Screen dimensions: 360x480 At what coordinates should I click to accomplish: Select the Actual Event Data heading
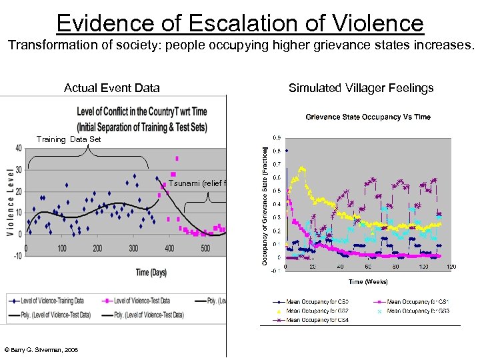[x=111, y=87]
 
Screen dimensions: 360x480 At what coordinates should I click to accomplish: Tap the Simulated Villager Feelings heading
[x=361, y=87]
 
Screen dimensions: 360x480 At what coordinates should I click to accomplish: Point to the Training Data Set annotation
[x=69, y=139]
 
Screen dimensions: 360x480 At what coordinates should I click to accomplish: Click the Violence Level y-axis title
[x=10, y=202]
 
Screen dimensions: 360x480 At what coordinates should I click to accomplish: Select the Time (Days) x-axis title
[x=151, y=273]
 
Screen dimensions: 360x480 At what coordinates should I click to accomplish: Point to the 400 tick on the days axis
[x=169, y=249]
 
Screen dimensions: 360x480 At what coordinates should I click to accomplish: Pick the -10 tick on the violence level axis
[x=17, y=255]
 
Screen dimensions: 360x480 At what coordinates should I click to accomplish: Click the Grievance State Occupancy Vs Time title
[x=368, y=117]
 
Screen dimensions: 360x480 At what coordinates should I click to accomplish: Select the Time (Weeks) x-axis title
[x=368, y=281]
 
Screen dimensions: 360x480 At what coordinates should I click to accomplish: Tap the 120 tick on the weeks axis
[x=451, y=267]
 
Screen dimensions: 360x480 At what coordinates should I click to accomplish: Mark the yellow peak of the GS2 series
[x=303, y=168]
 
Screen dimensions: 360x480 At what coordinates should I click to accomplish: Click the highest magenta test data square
[x=177, y=159]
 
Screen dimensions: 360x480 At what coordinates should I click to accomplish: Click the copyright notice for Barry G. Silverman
[x=41, y=349]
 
